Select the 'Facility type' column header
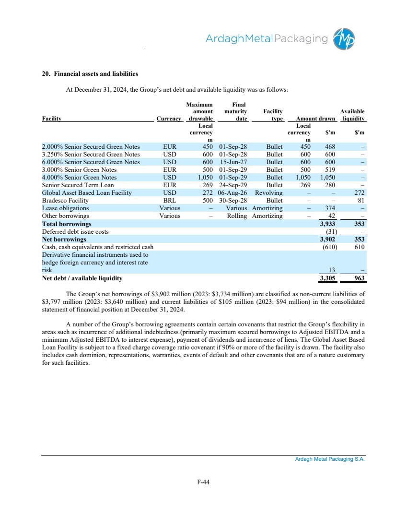click(273, 115)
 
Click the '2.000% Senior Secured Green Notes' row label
click(91, 147)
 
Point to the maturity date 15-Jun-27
click(233, 162)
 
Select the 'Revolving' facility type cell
click(269, 192)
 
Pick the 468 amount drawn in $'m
click(330, 147)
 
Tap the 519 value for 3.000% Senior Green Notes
click(330, 170)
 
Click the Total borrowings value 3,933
click(328, 224)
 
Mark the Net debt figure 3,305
click(328, 278)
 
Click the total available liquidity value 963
click(359, 278)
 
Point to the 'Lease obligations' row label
click(65, 208)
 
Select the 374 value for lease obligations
click(330, 208)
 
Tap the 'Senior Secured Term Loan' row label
click(78, 185)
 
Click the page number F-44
click(203, 483)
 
